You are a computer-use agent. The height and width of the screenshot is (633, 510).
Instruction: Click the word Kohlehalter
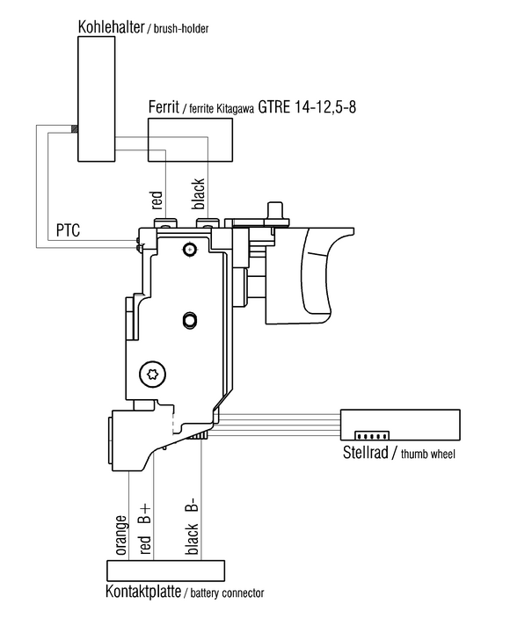tap(111, 27)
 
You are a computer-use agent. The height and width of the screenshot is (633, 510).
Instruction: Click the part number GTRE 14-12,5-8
tap(307, 107)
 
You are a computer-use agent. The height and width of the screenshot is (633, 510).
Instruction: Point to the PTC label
tap(68, 230)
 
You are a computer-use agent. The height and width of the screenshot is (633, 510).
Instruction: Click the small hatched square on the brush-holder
tap(74, 128)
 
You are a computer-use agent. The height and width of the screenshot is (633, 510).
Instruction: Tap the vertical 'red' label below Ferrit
tap(157, 200)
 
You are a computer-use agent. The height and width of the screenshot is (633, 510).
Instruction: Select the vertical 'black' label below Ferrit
tap(199, 193)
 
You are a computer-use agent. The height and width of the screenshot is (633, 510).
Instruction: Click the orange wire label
tap(121, 535)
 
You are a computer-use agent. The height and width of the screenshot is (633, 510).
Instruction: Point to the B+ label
tap(145, 513)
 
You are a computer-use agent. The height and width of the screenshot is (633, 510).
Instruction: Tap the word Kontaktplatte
tap(143, 592)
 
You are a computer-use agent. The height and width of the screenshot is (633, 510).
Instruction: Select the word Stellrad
tap(366, 452)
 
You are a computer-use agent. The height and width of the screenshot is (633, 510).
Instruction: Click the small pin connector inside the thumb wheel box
tap(372, 435)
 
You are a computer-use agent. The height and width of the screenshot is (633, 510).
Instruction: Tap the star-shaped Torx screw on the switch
tap(153, 374)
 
